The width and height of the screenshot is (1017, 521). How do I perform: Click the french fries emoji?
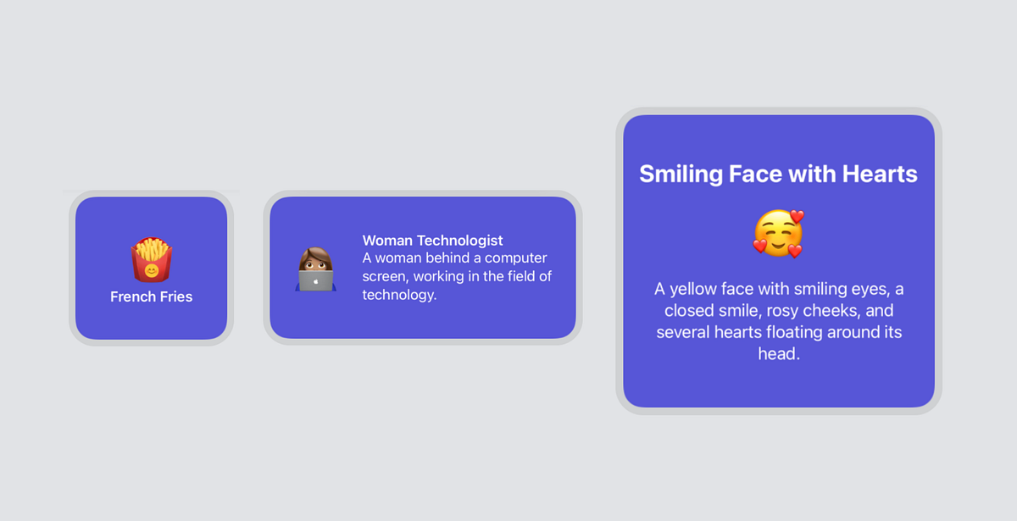pyautogui.click(x=151, y=260)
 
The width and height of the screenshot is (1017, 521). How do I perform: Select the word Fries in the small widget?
pyautogui.click(x=175, y=297)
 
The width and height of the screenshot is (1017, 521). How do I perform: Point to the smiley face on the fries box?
pyautogui.click(x=151, y=271)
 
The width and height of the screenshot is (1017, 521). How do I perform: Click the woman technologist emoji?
pyautogui.click(x=316, y=269)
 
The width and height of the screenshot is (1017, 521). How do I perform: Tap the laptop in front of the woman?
pyautogui.click(x=316, y=280)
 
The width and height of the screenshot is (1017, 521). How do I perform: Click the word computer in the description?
pyautogui.click(x=516, y=258)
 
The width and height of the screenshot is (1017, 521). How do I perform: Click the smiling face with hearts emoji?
pyautogui.click(x=778, y=234)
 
